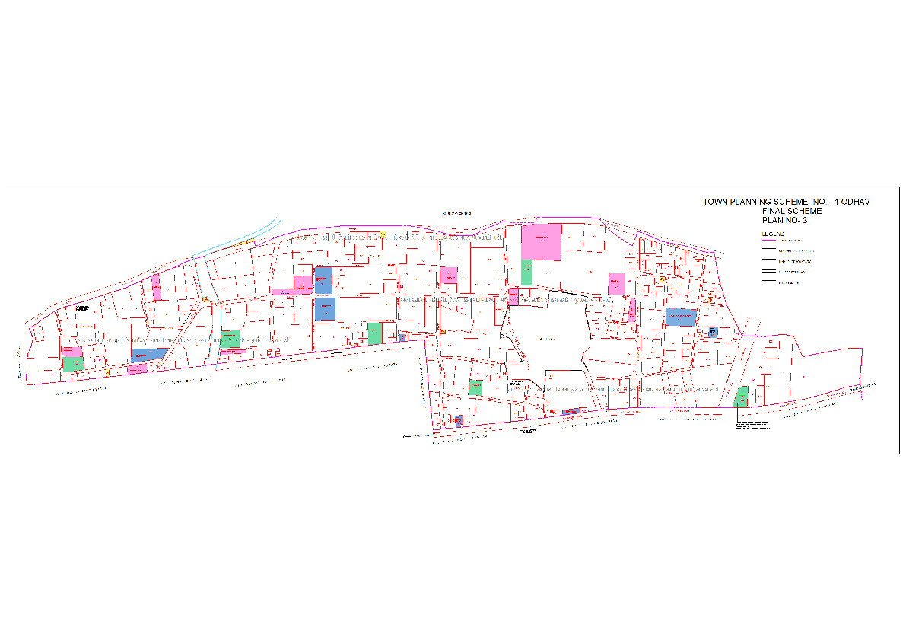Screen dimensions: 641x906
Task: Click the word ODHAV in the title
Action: pos(855,202)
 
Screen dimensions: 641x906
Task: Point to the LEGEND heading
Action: pos(772,234)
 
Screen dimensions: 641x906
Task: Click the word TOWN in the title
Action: pos(714,202)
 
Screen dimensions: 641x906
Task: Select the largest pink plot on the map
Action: pos(541,242)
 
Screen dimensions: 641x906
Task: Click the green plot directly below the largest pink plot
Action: pos(526,273)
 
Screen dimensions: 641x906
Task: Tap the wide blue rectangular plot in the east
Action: pos(681,317)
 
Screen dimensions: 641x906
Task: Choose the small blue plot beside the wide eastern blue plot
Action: pos(712,332)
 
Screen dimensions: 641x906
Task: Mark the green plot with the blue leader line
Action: pos(742,396)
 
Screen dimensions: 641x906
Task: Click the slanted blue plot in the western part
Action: pos(149,354)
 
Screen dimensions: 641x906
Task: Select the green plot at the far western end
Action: pos(74,364)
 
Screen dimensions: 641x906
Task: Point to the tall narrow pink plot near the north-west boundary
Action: pos(156,287)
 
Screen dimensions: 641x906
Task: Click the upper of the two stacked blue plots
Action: pos(323,279)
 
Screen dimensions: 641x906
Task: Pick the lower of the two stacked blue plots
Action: pos(325,308)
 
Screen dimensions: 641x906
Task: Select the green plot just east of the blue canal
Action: pos(230,338)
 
